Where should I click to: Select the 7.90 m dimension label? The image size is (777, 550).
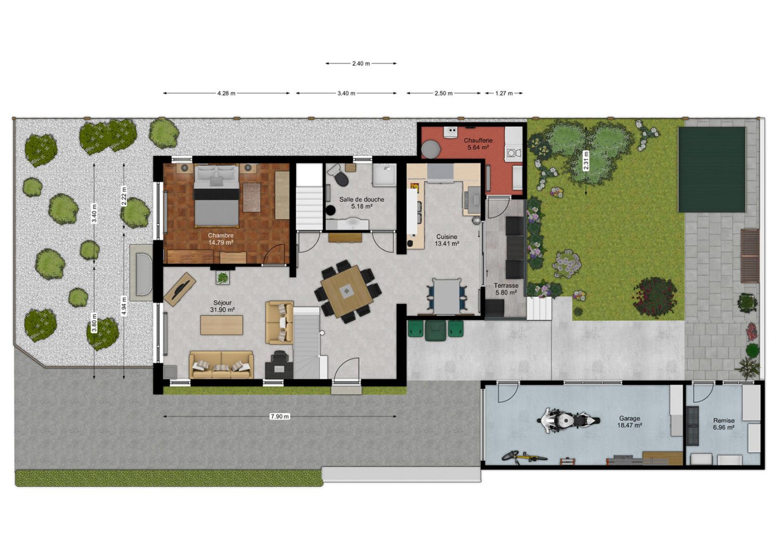tap(280, 416)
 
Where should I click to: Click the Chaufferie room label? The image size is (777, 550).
tap(479, 141)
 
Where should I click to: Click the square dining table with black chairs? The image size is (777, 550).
tap(347, 291)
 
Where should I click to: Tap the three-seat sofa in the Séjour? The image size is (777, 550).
tap(221, 364)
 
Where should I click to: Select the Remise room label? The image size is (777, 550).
tap(724, 420)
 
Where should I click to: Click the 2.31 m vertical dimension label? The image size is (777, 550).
tap(586, 160)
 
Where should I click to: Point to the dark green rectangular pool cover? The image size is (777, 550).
tap(712, 170)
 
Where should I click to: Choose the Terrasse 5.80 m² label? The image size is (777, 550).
tap(506, 289)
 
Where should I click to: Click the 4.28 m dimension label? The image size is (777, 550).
tap(227, 93)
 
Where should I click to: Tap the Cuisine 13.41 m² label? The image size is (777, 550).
tap(447, 240)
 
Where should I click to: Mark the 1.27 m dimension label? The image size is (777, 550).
tap(504, 93)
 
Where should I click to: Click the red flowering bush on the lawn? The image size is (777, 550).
tap(655, 297)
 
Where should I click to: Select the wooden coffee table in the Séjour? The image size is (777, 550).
tap(222, 325)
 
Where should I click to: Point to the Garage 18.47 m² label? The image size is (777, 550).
tap(630, 421)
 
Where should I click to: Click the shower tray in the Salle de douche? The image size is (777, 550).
tap(384, 176)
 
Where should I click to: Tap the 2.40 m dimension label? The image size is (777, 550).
tap(361, 64)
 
